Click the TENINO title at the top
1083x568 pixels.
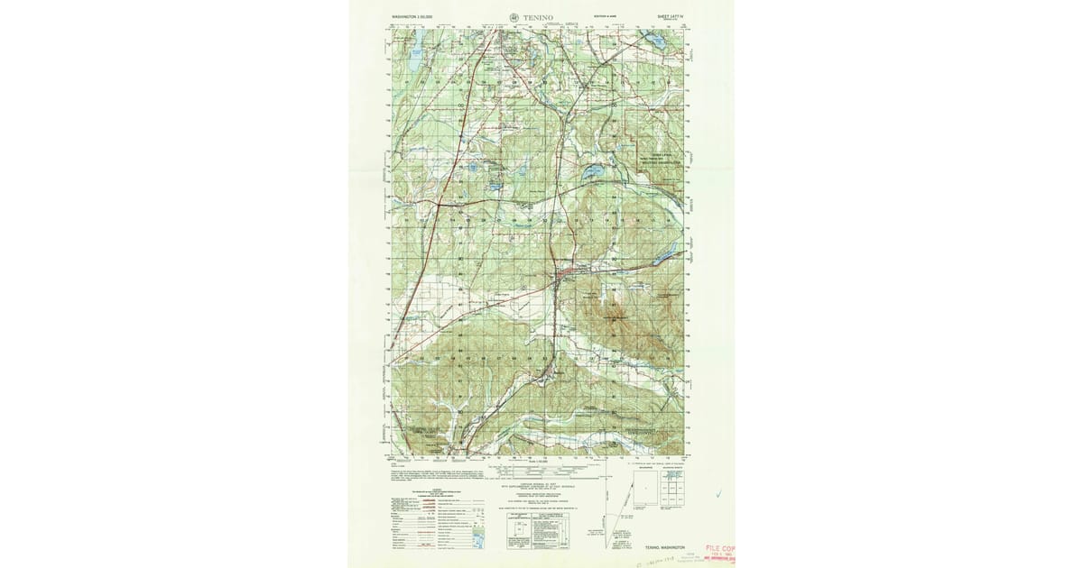coord(538,16)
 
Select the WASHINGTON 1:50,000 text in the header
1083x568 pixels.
coord(411,16)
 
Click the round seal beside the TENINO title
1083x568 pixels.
coord(514,16)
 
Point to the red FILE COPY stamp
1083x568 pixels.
coord(720,548)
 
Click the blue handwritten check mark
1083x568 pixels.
coord(718,493)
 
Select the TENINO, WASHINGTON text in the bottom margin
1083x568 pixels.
coord(670,546)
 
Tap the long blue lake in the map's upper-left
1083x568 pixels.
coord(414,64)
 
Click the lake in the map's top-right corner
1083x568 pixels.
coord(656,41)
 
